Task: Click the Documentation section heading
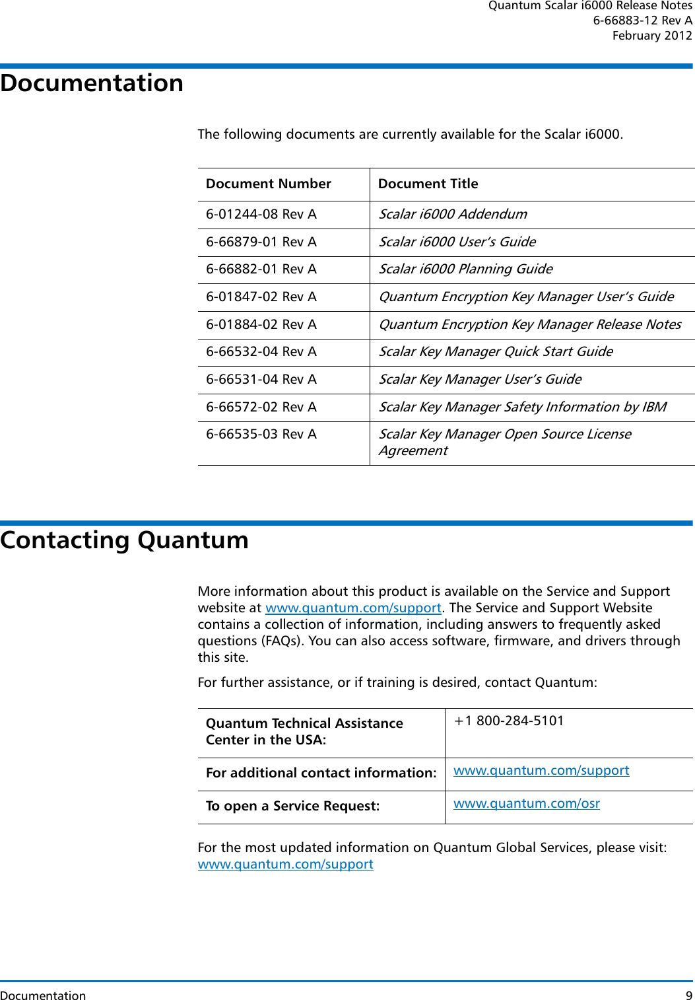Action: coord(92,83)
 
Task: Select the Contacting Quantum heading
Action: coord(124,540)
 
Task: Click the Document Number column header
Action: coord(268,184)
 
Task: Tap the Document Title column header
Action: coord(428,184)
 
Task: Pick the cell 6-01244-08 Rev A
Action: coord(261,215)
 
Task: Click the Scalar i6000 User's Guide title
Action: coord(457,242)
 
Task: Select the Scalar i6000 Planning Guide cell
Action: coord(465,269)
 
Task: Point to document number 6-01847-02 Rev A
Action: coord(261,297)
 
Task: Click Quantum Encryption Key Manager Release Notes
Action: coord(529,325)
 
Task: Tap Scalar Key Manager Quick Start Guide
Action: coord(495,352)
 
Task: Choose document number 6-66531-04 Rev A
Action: coord(261,380)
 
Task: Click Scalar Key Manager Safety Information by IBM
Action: coord(522,408)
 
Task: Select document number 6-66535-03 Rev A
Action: coord(261,435)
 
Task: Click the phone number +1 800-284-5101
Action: coord(509,721)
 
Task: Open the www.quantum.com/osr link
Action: coord(526,804)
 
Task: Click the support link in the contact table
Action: coord(541,771)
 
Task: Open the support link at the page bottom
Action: coord(285,865)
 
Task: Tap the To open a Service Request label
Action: coord(292,806)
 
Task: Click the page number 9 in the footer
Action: coord(688,995)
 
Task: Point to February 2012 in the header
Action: coord(651,36)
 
